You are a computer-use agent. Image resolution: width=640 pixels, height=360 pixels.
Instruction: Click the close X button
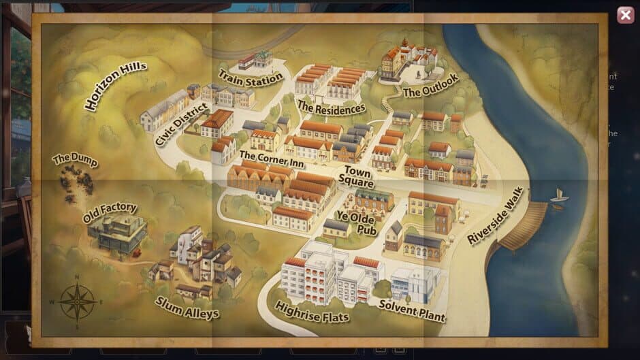coord(624,15)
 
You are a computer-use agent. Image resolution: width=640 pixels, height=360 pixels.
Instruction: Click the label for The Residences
coord(331,107)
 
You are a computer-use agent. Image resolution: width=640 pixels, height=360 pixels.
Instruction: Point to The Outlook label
coord(430,85)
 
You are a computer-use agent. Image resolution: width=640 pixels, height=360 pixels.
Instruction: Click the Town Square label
coord(358,176)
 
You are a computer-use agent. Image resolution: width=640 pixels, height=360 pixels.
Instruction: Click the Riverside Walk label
coord(496,215)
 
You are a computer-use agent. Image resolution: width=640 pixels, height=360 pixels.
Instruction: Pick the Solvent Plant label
coord(413,311)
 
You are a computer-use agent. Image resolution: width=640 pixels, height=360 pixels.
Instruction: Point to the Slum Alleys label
coord(187,308)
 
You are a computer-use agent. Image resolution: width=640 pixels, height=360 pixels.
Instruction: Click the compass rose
coord(77,301)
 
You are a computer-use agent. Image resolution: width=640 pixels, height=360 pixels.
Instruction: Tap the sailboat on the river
coord(559,196)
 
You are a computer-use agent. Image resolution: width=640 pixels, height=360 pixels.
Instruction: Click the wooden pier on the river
coord(525,224)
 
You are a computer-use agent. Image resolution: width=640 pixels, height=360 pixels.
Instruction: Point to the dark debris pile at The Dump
coord(76,184)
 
